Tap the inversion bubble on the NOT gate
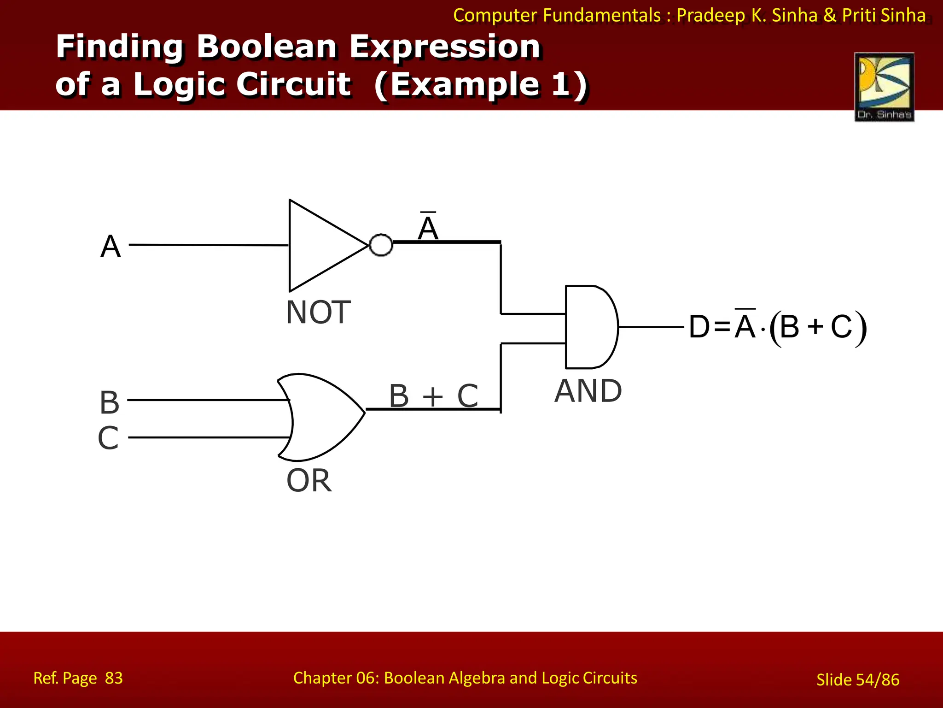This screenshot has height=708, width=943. (x=381, y=245)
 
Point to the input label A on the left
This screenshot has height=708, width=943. (x=111, y=246)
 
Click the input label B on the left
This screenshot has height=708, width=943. (x=110, y=402)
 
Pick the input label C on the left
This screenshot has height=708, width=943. (x=108, y=438)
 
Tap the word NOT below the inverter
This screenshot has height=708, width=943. (x=318, y=313)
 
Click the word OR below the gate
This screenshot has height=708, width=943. (x=309, y=481)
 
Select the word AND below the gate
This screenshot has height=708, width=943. (x=588, y=391)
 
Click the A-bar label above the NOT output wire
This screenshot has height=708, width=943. (x=428, y=227)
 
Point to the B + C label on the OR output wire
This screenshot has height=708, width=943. (x=433, y=395)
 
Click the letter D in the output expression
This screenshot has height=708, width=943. (x=699, y=327)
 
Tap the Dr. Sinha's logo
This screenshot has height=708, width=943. (x=884, y=87)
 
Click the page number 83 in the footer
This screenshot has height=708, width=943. (x=114, y=678)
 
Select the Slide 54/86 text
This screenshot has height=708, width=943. (x=857, y=679)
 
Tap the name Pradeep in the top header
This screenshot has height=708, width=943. (x=710, y=15)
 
